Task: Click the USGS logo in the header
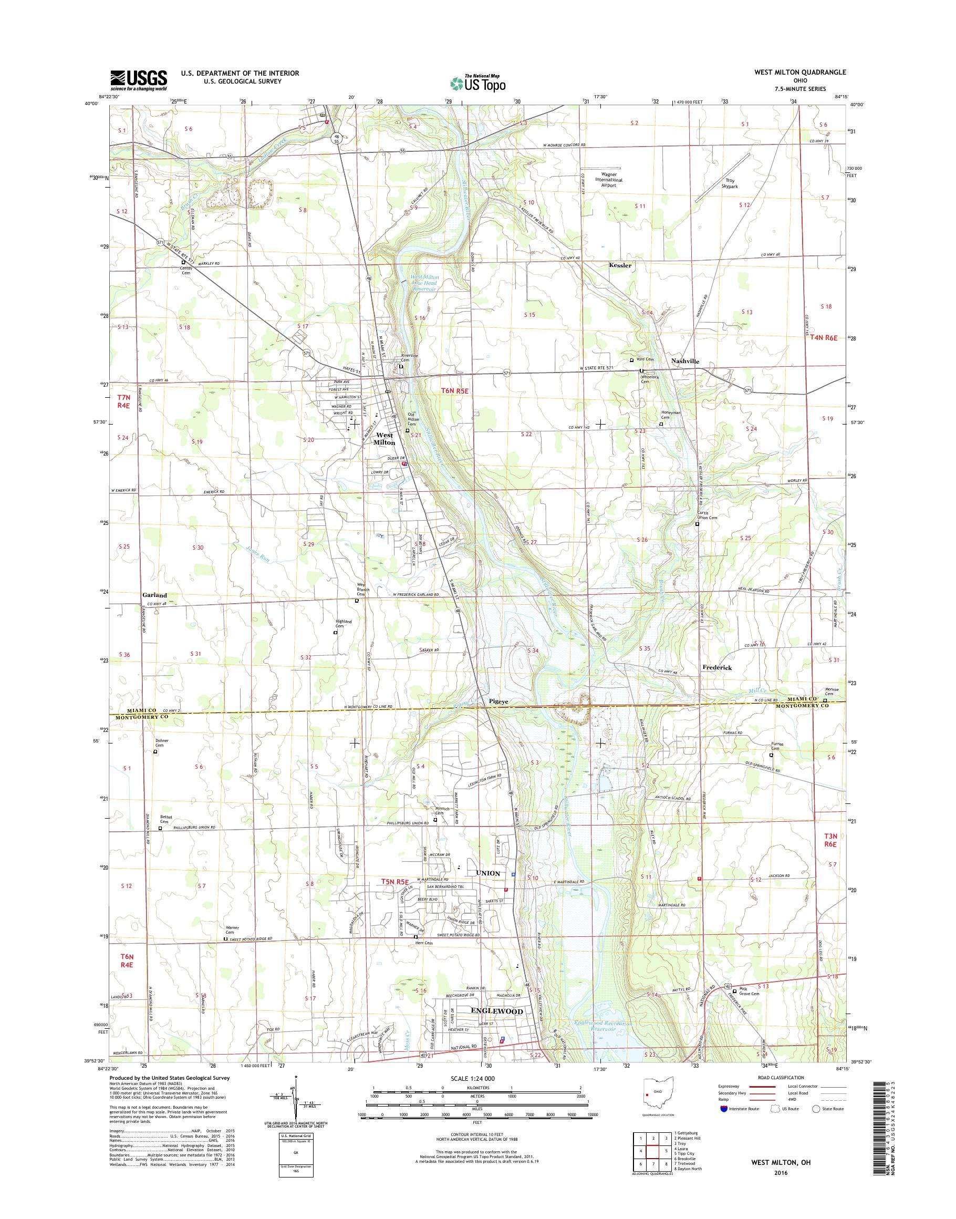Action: coord(138,80)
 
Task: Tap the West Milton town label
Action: coord(384,438)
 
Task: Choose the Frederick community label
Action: coord(716,667)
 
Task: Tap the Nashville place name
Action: coord(685,361)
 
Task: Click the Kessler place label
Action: coord(620,265)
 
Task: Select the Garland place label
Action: coord(154,595)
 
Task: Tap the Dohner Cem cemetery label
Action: coord(161,743)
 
